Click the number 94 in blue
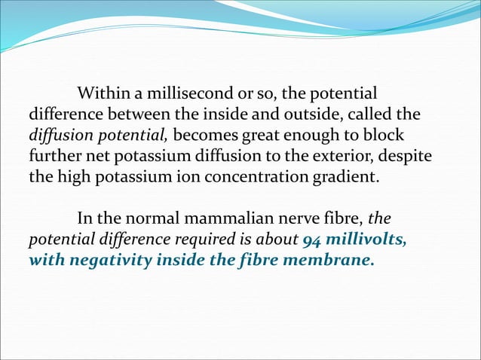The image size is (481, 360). pyautogui.click(x=311, y=240)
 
